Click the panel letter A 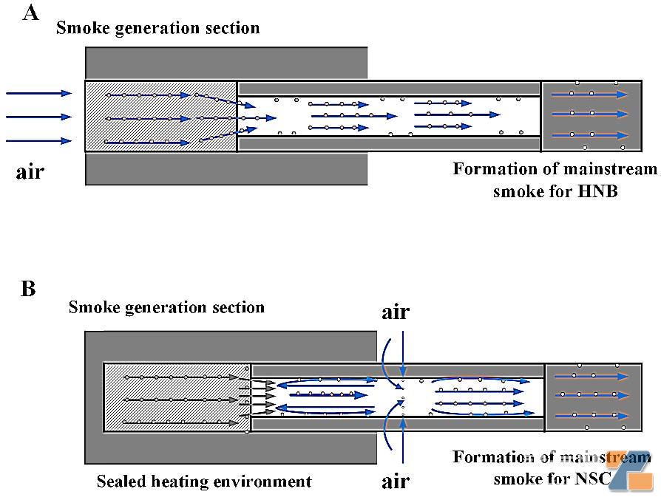(30, 13)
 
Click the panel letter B (28, 288)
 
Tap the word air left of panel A (30, 174)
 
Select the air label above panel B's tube (396, 312)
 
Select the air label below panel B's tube (396, 482)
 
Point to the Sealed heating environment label (204, 482)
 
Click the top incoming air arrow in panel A (38, 93)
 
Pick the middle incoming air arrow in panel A (38, 117)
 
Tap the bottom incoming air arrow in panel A (38, 140)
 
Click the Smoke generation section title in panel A (157, 29)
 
